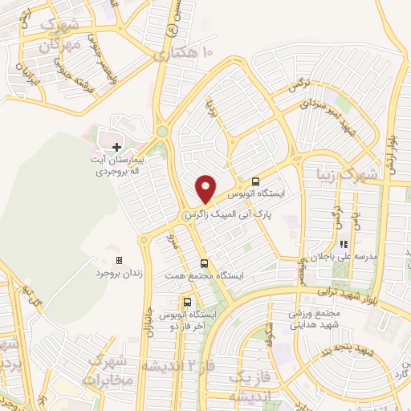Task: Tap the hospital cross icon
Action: (116, 147)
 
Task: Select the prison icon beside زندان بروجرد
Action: (120, 260)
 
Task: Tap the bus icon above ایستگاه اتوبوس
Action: (255, 181)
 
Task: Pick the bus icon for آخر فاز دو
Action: (186, 303)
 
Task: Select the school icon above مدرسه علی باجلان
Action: (342, 244)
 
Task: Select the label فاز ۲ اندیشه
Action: (179, 366)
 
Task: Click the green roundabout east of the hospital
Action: (162, 132)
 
